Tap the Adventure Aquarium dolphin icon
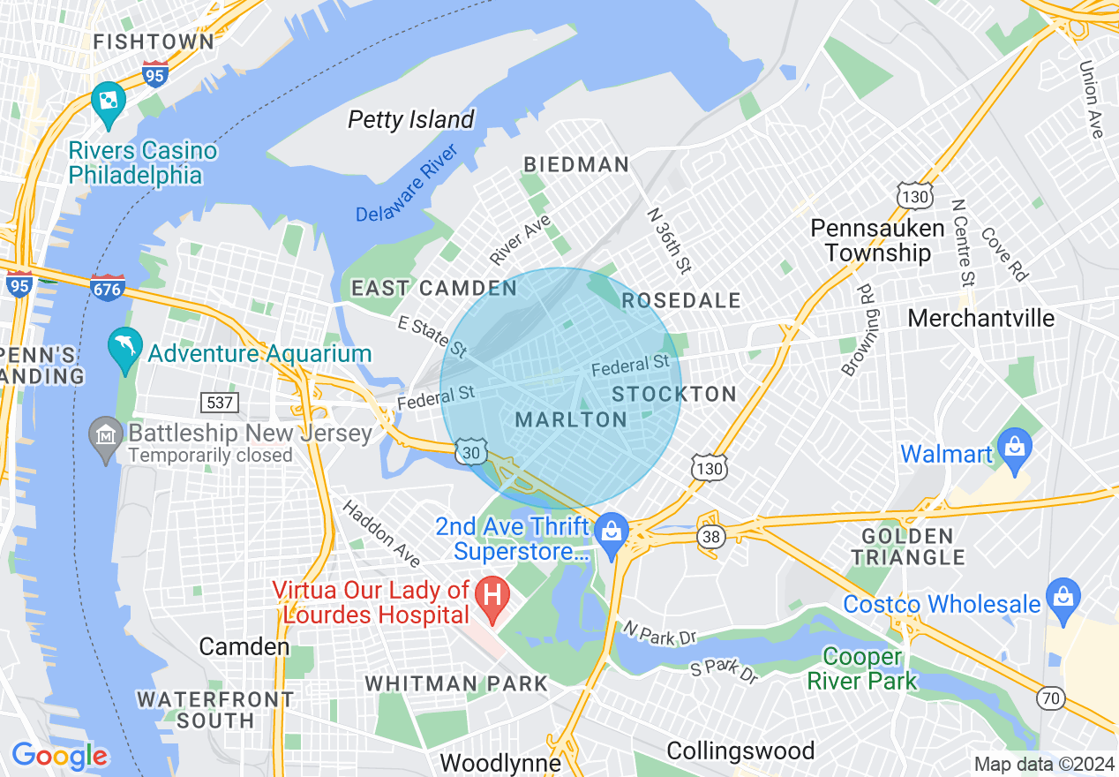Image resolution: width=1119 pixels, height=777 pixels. coord(124,348)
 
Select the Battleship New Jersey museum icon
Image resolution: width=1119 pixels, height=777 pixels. coord(106,436)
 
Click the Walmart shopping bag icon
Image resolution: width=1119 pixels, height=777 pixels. coord(1016,446)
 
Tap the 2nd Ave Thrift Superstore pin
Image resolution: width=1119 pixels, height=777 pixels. coord(610,533)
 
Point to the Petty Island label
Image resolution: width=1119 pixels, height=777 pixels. coord(411,119)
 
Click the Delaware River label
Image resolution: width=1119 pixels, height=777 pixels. coord(406,188)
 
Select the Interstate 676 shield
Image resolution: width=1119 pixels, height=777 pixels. coord(108,287)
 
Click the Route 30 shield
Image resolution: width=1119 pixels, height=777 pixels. coord(470,451)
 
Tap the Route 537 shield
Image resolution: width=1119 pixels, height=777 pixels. coord(221,403)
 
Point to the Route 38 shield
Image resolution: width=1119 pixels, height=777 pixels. coord(710,536)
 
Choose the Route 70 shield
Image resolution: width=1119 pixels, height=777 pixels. coord(1050,698)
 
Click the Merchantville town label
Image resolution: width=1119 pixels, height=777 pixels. coord(980,318)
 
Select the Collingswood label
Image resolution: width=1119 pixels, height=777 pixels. coord(740,751)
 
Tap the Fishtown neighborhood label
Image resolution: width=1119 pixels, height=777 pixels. coord(154,41)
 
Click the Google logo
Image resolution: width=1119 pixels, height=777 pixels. coord(59,756)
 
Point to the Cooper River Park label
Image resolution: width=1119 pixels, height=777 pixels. coord(861,669)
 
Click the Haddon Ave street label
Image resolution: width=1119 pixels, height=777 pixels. coord(381,533)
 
